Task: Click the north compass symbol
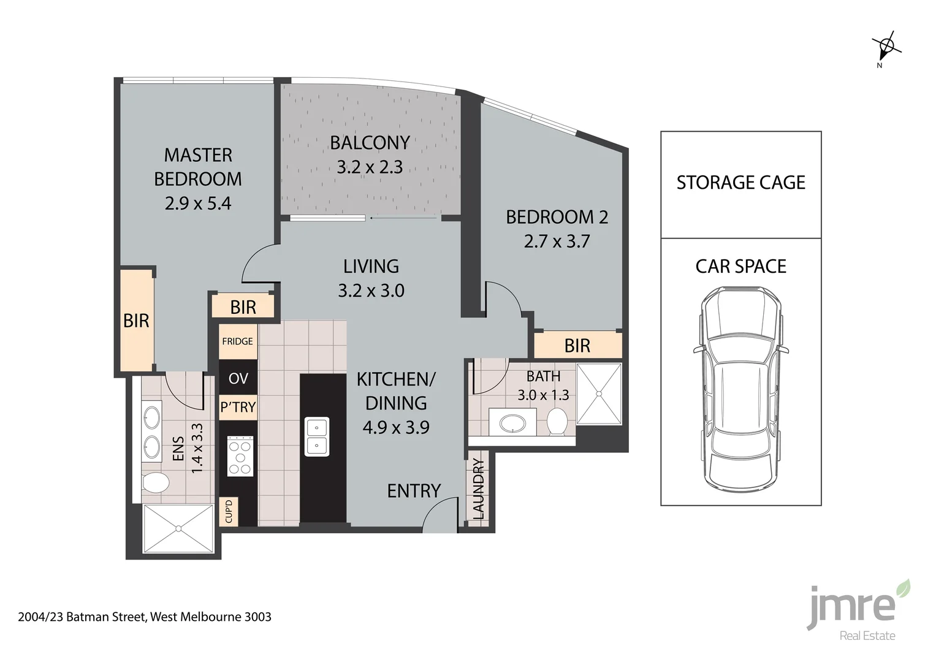pos(886,47)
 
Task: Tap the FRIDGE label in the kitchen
pos(237,341)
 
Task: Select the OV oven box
pos(238,378)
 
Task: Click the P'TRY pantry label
pos(238,407)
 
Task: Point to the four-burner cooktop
pos(240,456)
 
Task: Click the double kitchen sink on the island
pos(317,436)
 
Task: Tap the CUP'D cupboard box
pos(229,511)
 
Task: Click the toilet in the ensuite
pos(155,482)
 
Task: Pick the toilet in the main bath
pos(557,422)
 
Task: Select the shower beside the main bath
pos(599,394)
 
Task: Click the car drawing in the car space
pos(740,390)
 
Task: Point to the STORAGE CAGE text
pos(740,183)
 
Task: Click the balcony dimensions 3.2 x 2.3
pos(370,167)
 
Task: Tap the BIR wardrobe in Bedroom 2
pos(577,346)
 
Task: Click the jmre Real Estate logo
pos(858,611)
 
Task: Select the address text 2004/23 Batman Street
pos(145,617)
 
